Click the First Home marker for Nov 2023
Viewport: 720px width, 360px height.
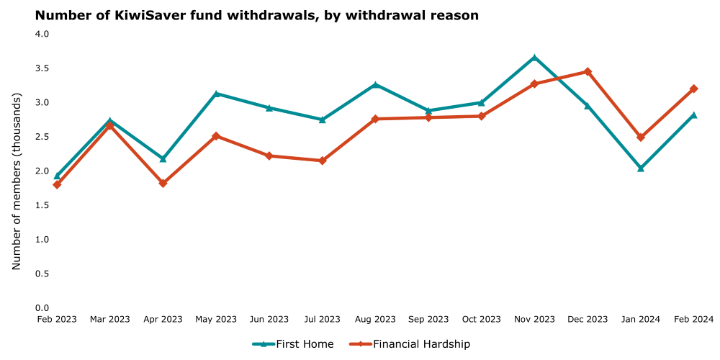click(x=534, y=57)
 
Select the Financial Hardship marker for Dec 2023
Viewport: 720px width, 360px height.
click(x=588, y=71)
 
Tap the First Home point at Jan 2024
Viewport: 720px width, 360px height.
click(x=641, y=168)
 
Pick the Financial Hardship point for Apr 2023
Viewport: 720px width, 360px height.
click(x=163, y=183)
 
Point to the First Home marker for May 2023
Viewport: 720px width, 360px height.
click(x=216, y=94)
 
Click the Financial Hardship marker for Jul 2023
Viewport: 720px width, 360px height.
click(x=323, y=161)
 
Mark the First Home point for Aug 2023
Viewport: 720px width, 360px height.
click(x=375, y=85)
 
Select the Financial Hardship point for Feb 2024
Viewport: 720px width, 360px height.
click(x=693, y=89)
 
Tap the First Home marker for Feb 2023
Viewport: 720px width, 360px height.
click(x=57, y=176)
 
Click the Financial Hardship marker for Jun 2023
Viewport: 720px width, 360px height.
click(x=269, y=156)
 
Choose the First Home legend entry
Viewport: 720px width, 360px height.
click(x=293, y=344)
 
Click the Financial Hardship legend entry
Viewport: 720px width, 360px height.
click(x=410, y=344)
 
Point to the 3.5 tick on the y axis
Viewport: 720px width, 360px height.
click(x=42, y=68)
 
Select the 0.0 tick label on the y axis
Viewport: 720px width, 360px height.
click(x=42, y=308)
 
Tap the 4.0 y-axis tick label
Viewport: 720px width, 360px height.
click(x=42, y=34)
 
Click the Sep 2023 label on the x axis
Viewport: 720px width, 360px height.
click(x=428, y=320)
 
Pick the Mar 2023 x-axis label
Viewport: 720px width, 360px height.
click(x=110, y=320)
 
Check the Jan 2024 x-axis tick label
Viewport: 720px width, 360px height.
click(x=641, y=320)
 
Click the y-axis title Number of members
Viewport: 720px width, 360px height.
click(x=17, y=181)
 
